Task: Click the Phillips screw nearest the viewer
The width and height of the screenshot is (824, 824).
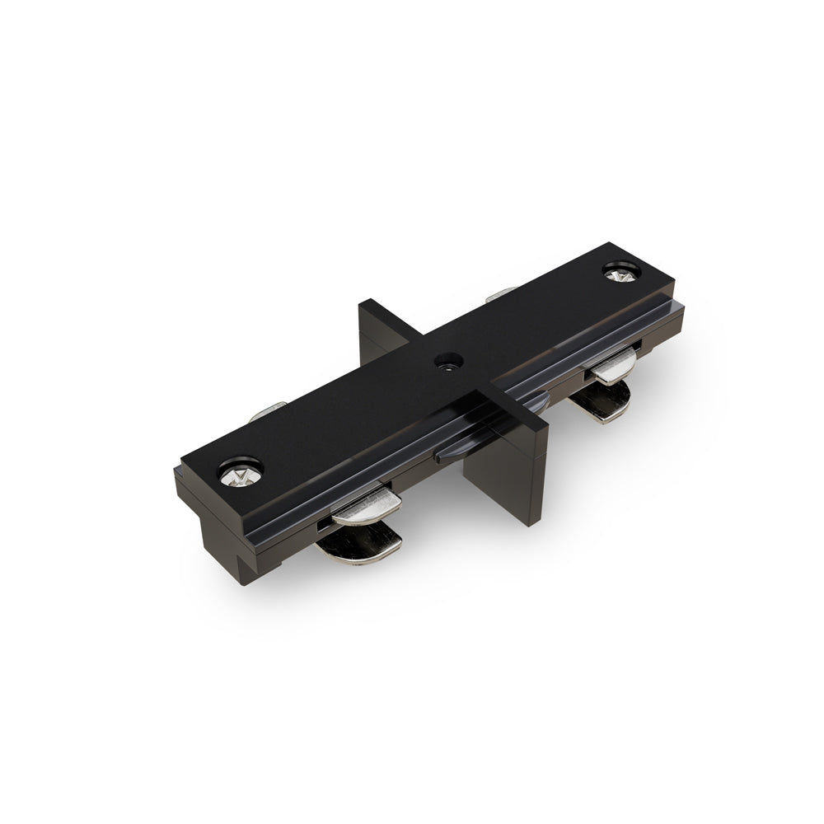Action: coord(240,473)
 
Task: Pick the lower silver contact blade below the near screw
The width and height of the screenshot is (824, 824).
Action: coord(360,545)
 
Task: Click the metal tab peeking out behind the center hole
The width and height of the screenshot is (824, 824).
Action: coord(500,293)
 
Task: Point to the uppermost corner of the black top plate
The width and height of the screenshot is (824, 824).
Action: coord(611,243)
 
